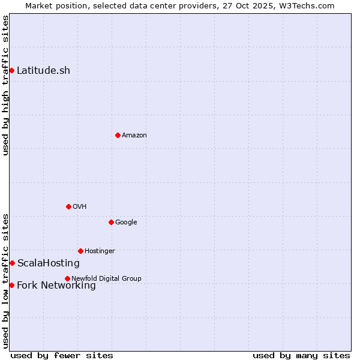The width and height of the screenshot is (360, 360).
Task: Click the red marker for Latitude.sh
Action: [x=11, y=70]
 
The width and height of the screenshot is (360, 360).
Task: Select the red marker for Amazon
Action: [x=118, y=135]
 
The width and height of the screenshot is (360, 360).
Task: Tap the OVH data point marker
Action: [x=68, y=206]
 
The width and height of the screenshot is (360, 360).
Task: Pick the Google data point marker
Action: [x=111, y=222]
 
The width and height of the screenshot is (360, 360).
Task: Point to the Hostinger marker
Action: [x=80, y=251]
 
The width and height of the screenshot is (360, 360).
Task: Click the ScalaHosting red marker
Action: [x=12, y=263]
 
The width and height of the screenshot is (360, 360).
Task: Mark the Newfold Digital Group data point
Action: [x=67, y=278]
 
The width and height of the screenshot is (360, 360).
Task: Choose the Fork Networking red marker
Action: [x=11, y=285]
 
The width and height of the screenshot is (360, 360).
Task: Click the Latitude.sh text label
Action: [x=43, y=70]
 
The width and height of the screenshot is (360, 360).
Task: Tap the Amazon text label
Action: [x=134, y=135]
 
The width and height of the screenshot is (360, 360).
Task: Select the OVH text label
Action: [x=80, y=206]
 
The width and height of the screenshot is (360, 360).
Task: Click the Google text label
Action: [x=126, y=222]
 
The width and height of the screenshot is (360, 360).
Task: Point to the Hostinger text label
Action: [x=100, y=251]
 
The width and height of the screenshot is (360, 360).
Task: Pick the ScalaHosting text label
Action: [x=48, y=263]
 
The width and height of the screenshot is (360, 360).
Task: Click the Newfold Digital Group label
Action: [x=106, y=278]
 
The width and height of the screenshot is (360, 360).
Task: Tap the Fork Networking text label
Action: [x=56, y=285]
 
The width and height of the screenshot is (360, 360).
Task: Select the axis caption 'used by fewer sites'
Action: [x=62, y=355]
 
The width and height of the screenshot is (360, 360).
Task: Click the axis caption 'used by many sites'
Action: [x=301, y=355]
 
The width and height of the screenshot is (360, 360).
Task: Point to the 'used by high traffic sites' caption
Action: [x=5, y=85]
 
